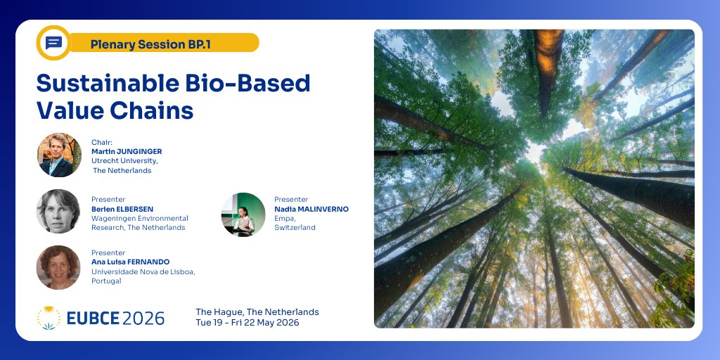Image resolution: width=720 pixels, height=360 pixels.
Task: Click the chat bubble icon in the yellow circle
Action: [x=53, y=43]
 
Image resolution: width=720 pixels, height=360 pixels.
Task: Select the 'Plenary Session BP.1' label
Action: [x=150, y=44]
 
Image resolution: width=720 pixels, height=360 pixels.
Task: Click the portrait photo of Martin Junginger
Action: [x=59, y=155]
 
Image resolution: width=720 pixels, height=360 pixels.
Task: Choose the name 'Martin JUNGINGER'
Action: [x=127, y=151]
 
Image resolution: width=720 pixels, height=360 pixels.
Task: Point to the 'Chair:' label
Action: [x=102, y=142]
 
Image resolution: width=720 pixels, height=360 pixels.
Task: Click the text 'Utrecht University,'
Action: [x=124, y=161]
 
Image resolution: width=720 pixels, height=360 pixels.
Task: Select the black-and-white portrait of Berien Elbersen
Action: [x=58, y=211]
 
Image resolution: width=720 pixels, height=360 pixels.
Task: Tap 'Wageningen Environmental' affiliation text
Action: [x=140, y=218]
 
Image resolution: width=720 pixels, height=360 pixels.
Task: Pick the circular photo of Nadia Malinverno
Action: [x=243, y=214]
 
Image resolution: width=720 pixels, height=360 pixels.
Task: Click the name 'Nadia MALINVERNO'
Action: [x=311, y=209]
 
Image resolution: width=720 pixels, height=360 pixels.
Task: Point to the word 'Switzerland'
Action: [x=295, y=228]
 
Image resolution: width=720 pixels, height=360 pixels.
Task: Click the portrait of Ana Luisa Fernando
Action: [x=58, y=267]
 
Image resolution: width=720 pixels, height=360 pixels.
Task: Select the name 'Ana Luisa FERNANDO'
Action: [x=130, y=262]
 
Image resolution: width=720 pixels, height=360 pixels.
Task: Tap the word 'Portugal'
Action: [x=106, y=281]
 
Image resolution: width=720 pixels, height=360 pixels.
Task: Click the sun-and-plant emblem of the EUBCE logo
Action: [x=49, y=318]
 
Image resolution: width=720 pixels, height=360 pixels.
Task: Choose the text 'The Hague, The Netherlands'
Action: [x=257, y=311]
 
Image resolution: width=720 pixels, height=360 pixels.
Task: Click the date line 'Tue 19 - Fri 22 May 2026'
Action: [x=247, y=323]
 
